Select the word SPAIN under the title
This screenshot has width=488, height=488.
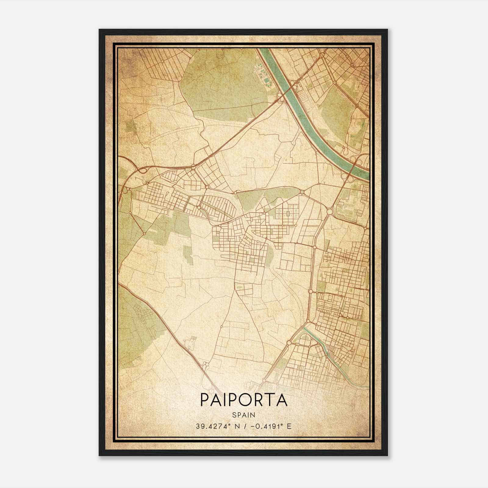pyautogui.click(x=243, y=415)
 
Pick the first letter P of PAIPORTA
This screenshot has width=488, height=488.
pyautogui.click(x=205, y=400)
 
